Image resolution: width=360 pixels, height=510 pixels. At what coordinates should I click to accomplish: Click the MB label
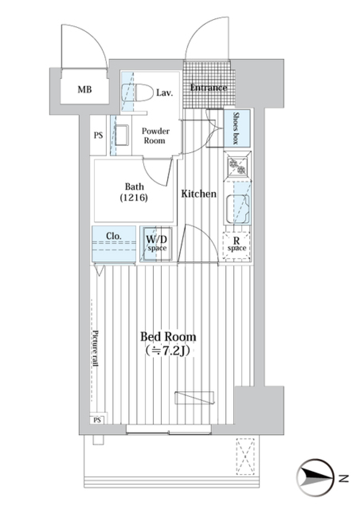pyautogui.click(x=85, y=90)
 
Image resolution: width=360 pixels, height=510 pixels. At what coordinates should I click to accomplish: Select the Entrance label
pyautogui.click(x=208, y=88)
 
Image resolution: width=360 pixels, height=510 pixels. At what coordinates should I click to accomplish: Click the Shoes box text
pyautogui.click(x=236, y=128)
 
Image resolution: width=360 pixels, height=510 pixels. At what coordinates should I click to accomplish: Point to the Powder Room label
pyautogui.click(x=155, y=136)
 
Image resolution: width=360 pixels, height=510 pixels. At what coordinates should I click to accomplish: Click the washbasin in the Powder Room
pyautogui.click(x=121, y=135)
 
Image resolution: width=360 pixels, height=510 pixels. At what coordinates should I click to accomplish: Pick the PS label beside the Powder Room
pyautogui.click(x=98, y=135)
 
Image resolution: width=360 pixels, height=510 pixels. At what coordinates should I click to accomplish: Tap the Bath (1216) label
pyautogui.click(x=134, y=192)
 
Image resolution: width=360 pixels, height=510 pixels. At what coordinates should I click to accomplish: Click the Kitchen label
pyautogui.click(x=199, y=193)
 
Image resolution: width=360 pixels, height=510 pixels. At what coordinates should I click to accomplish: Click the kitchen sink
pyautogui.click(x=237, y=208)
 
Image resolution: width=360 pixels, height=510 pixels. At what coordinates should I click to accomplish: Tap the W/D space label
pyautogui.click(x=157, y=243)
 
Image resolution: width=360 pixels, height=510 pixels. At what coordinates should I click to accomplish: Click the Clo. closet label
pyautogui.click(x=114, y=236)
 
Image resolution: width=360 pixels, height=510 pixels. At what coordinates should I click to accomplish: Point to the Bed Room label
pyautogui.click(x=168, y=336)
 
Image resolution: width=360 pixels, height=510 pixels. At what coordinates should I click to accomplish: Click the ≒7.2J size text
pyautogui.click(x=168, y=351)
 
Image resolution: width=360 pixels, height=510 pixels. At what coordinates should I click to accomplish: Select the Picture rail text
pyautogui.click(x=95, y=348)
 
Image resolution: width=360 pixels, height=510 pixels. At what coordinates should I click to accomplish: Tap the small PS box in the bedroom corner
pyautogui.click(x=97, y=420)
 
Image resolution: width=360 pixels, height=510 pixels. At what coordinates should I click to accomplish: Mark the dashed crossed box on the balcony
pyautogui.click(x=245, y=456)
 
